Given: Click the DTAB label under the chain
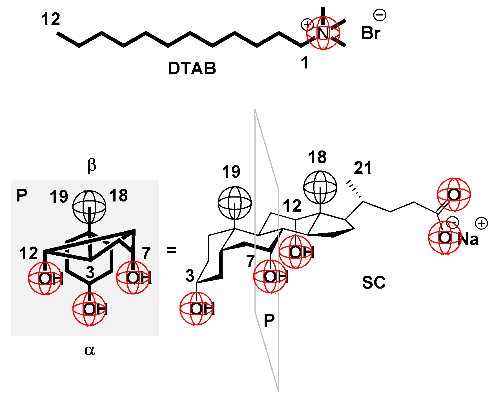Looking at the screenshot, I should point(192,68).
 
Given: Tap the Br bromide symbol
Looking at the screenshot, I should point(371,33).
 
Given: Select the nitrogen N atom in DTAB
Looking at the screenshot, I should point(323,33).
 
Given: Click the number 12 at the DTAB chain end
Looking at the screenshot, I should point(51,19).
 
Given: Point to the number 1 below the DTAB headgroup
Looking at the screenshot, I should point(305,63).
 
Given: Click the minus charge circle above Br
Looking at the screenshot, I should point(380,15).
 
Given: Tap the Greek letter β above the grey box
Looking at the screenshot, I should point(92,165).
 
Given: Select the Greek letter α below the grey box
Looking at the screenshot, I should point(90,350).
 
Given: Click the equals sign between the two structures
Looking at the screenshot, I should point(172,250).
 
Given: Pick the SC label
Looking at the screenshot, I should point(374,283).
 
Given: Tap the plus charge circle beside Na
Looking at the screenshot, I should point(481,223).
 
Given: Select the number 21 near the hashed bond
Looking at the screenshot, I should point(363,168).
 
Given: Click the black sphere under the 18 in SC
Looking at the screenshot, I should point(320,187).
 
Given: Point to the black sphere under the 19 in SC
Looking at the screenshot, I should point(235,203).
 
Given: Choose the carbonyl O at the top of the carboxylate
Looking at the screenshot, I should point(454,195).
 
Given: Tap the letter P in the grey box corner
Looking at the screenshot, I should point(22,195).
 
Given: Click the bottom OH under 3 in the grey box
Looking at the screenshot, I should point(90,309).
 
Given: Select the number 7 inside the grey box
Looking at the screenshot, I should point(146,253).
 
